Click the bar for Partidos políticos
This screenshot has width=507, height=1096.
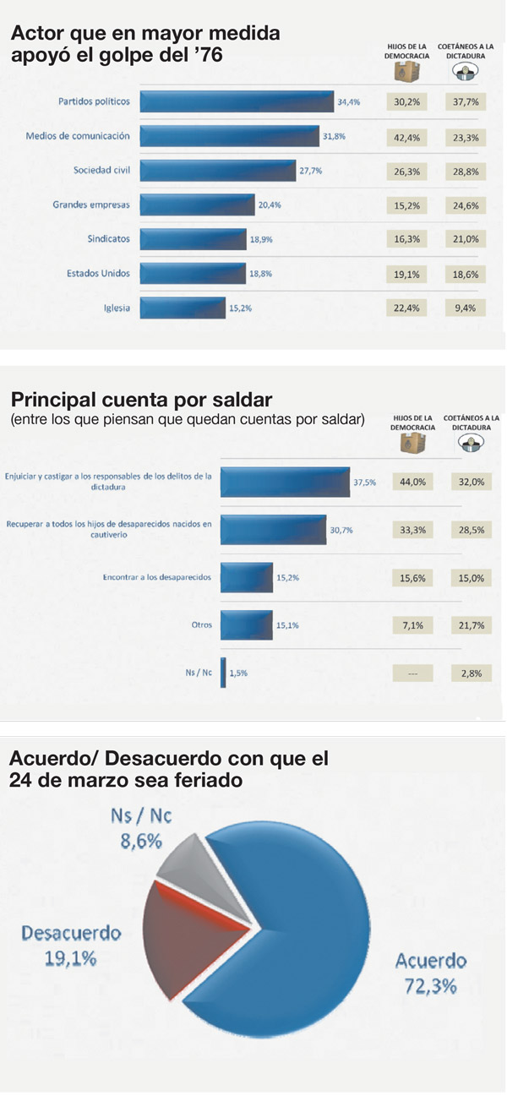[237, 101]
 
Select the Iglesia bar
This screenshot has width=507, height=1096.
[183, 308]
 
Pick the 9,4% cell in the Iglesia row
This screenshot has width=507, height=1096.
[466, 308]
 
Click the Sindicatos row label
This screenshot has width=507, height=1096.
[109, 239]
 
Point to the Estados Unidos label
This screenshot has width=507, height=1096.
[98, 273]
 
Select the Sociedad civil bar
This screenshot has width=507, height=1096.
[217, 170]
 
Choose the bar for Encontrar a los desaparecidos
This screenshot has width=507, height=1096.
[247, 578]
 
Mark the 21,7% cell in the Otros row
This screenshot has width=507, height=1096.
[472, 626]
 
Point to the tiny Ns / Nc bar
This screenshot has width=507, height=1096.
[223, 673]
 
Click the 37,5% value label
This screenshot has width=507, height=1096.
[365, 482]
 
